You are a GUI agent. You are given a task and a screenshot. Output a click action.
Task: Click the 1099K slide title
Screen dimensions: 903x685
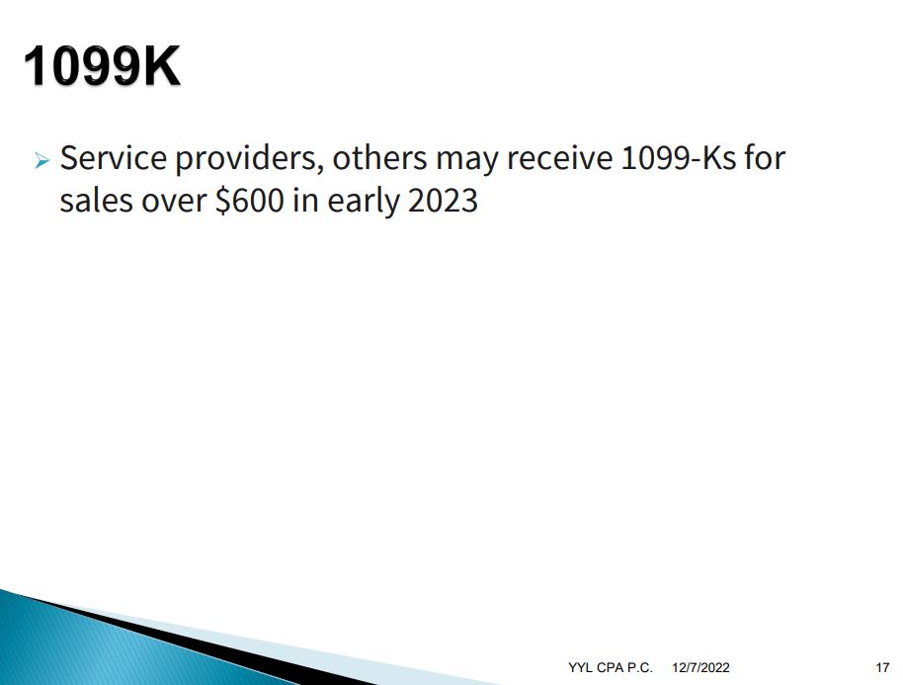click(102, 66)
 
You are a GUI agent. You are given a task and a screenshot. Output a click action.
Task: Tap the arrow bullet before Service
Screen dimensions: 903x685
click(42, 160)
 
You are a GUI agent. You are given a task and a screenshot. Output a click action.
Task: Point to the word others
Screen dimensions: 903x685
click(379, 158)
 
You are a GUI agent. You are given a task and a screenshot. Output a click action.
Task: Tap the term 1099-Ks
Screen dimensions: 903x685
click(679, 158)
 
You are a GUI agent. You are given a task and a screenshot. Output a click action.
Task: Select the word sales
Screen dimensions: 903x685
click(96, 201)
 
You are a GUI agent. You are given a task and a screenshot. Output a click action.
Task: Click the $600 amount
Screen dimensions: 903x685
click(250, 201)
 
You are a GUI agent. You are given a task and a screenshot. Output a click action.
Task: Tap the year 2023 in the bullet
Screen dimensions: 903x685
click(443, 201)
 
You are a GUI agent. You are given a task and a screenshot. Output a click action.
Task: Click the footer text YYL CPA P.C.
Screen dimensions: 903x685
click(611, 668)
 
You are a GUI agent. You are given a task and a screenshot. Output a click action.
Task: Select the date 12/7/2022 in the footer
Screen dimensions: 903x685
click(700, 668)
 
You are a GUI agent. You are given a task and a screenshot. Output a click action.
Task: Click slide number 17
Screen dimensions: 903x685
click(882, 668)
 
